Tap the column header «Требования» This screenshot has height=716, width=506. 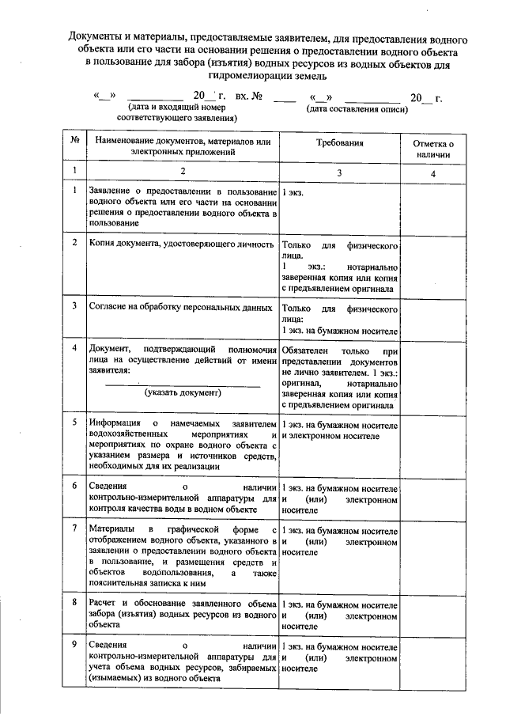[x=340, y=145]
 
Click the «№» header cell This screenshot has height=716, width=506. [x=74, y=140]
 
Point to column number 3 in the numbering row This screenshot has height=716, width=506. [x=340, y=172]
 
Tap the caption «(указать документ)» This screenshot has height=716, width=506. [x=183, y=392]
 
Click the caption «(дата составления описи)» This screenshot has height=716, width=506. [x=358, y=108]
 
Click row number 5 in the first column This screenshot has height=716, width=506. [x=74, y=422]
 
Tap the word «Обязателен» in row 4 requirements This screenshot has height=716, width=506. [x=308, y=349]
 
